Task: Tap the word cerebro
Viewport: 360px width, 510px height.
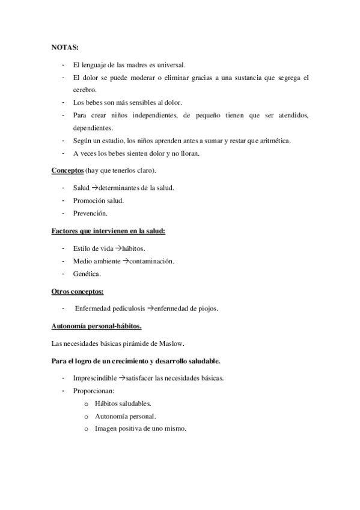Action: (86, 90)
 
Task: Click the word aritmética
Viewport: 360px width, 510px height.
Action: (274, 141)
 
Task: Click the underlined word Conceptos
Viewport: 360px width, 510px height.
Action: (67, 171)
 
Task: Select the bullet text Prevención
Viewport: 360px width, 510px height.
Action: (91, 213)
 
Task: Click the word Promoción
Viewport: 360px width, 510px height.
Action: (90, 200)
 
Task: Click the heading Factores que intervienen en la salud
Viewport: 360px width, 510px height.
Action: (108, 230)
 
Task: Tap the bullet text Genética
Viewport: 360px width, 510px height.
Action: (87, 274)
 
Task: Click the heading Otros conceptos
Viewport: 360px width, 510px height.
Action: (78, 292)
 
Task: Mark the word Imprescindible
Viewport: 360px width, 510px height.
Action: (95, 378)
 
